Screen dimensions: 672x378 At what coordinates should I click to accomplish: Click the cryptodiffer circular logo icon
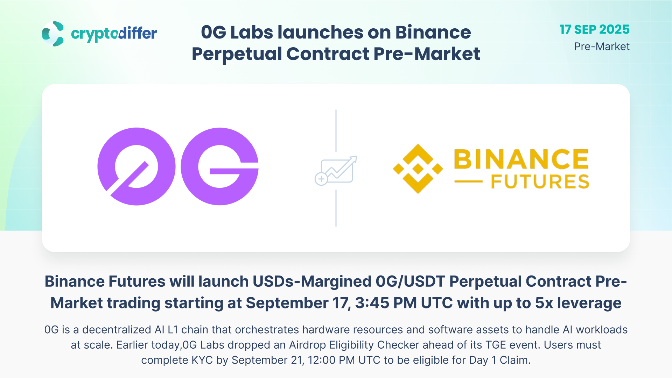[53, 34]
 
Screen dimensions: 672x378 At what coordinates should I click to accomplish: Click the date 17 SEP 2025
[595, 30]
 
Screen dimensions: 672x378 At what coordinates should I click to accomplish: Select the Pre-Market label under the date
[602, 47]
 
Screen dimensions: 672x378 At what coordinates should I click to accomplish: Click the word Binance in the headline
[433, 32]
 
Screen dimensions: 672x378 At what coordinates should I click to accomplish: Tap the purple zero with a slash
[136, 166]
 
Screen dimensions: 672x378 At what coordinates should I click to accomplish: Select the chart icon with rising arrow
[336, 171]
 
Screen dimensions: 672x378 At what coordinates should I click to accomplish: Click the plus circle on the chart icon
[321, 179]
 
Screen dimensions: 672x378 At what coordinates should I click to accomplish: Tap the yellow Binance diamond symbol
[418, 169]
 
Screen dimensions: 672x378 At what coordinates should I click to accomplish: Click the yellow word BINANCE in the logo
[521, 159]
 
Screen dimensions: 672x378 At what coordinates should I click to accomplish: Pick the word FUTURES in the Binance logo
[540, 182]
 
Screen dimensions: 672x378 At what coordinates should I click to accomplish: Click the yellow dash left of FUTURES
[468, 182]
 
